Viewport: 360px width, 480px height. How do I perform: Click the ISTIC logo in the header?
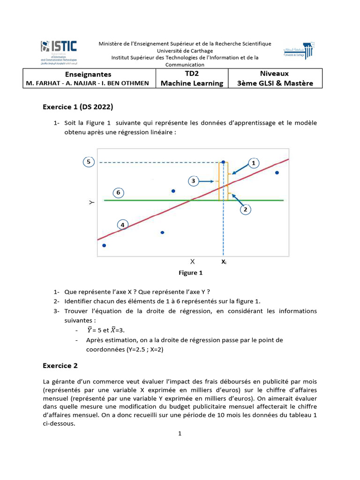[x=59, y=51]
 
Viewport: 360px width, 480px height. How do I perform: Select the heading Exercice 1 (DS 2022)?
[x=78, y=107]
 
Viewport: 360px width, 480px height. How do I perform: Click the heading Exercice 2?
[x=60, y=365]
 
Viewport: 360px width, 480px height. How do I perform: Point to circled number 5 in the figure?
[x=89, y=162]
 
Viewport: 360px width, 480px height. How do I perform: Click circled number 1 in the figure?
[x=253, y=163]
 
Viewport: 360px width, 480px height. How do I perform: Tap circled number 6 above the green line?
[x=118, y=193]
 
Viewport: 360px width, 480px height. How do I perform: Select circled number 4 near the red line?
[x=122, y=225]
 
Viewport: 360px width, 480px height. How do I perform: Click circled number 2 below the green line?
[x=245, y=210]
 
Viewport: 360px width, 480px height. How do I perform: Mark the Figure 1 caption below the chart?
[x=191, y=273]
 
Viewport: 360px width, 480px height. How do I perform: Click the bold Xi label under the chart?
[x=224, y=262]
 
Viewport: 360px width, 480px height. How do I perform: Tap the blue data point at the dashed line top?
[x=224, y=162]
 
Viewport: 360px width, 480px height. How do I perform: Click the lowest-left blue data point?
[x=104, y=245]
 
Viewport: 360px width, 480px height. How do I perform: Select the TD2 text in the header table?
[x=192, y=74]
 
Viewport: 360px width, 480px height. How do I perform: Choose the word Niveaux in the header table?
[x=274, y=74]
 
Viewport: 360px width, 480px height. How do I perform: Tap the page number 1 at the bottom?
[x=180, y=434]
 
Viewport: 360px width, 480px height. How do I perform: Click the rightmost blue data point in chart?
[x=277, y=173]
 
